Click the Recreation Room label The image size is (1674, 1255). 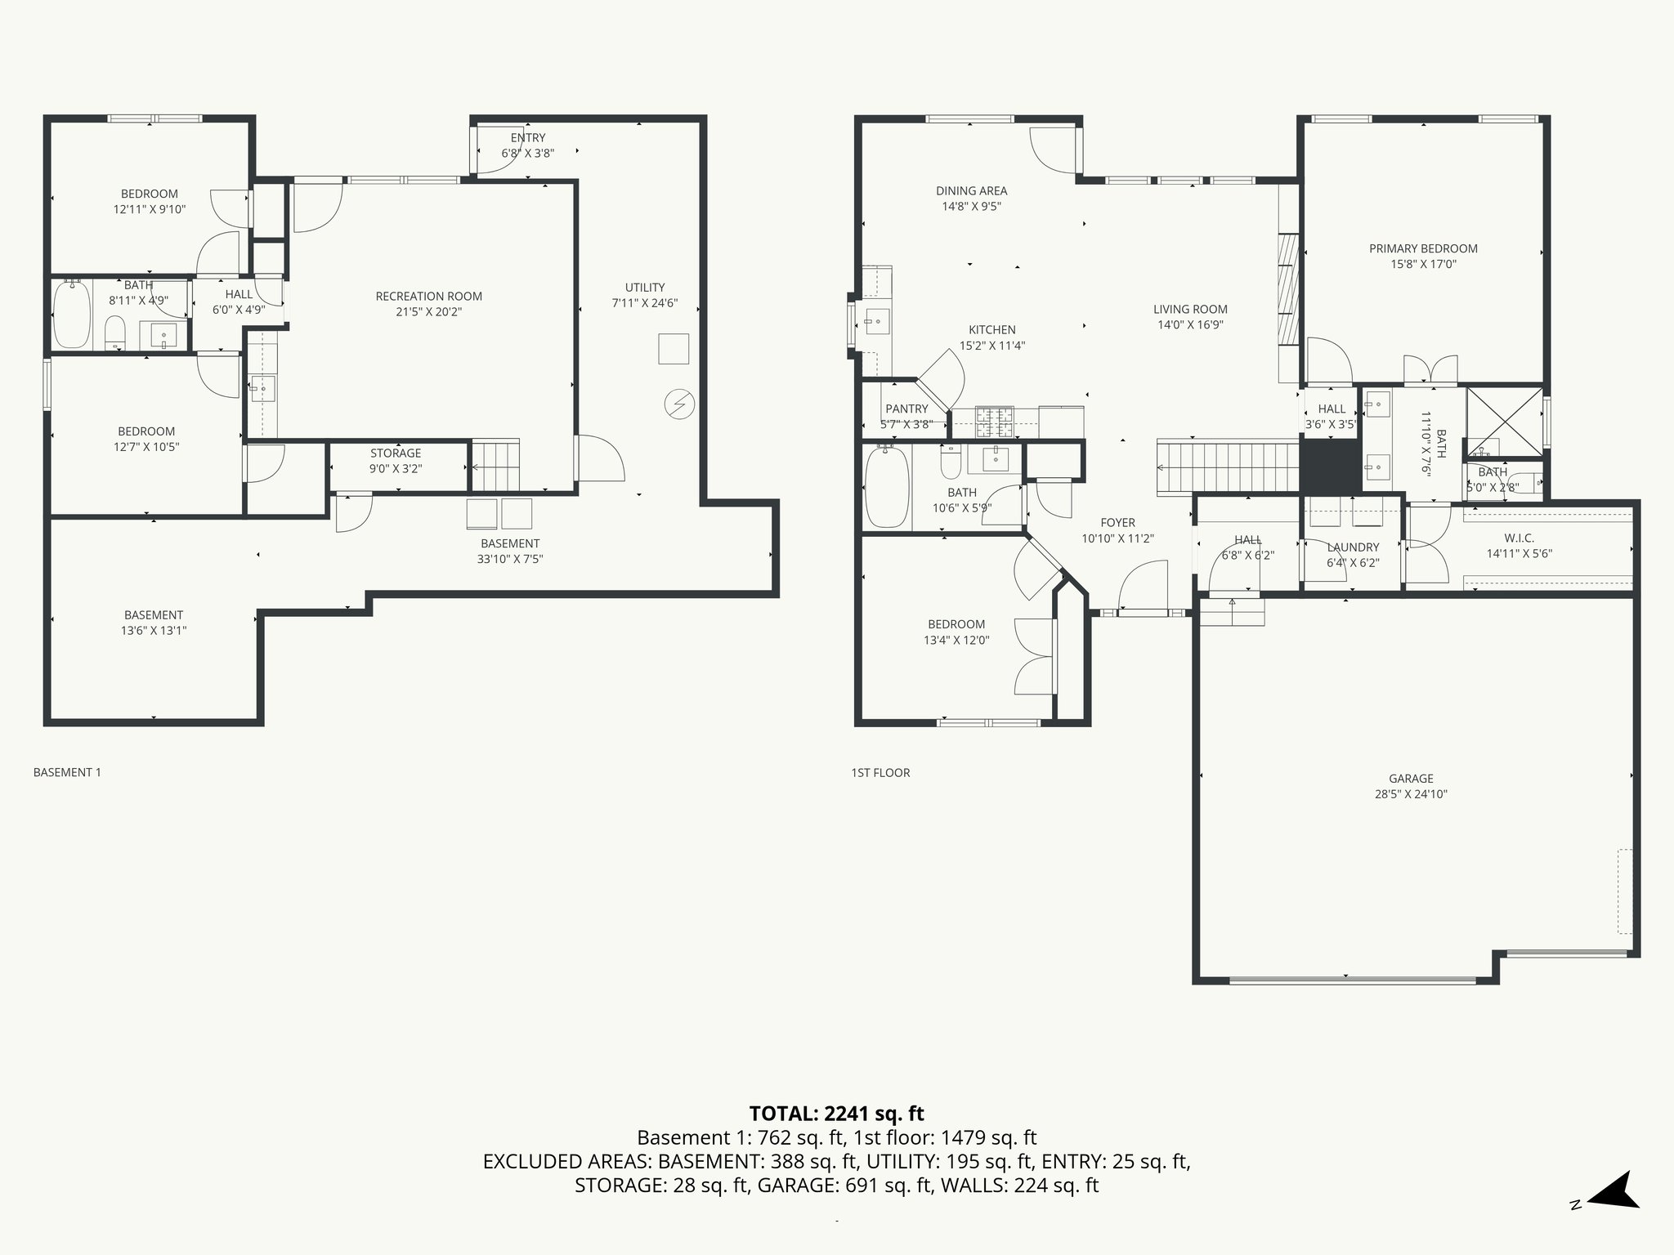[428, 297]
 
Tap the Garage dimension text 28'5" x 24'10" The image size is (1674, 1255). [1411, 793]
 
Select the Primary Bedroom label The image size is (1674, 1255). [1423, 249]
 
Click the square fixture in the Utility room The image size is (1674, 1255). [674, 348]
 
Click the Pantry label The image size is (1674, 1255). [906, 409]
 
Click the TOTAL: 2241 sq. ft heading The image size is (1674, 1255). [836, 1113]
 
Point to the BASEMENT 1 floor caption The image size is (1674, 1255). [67, 772]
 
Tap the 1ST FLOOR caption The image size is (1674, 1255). [880, 772]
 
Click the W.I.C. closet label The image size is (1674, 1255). [1519, 538]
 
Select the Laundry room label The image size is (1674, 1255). [1353, 547]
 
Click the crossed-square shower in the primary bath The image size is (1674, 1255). [1504, 422]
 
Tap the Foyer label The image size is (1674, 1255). [1117, 523]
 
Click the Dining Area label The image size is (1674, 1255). [971, 191]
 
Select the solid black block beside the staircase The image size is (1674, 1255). [1329, 466]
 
